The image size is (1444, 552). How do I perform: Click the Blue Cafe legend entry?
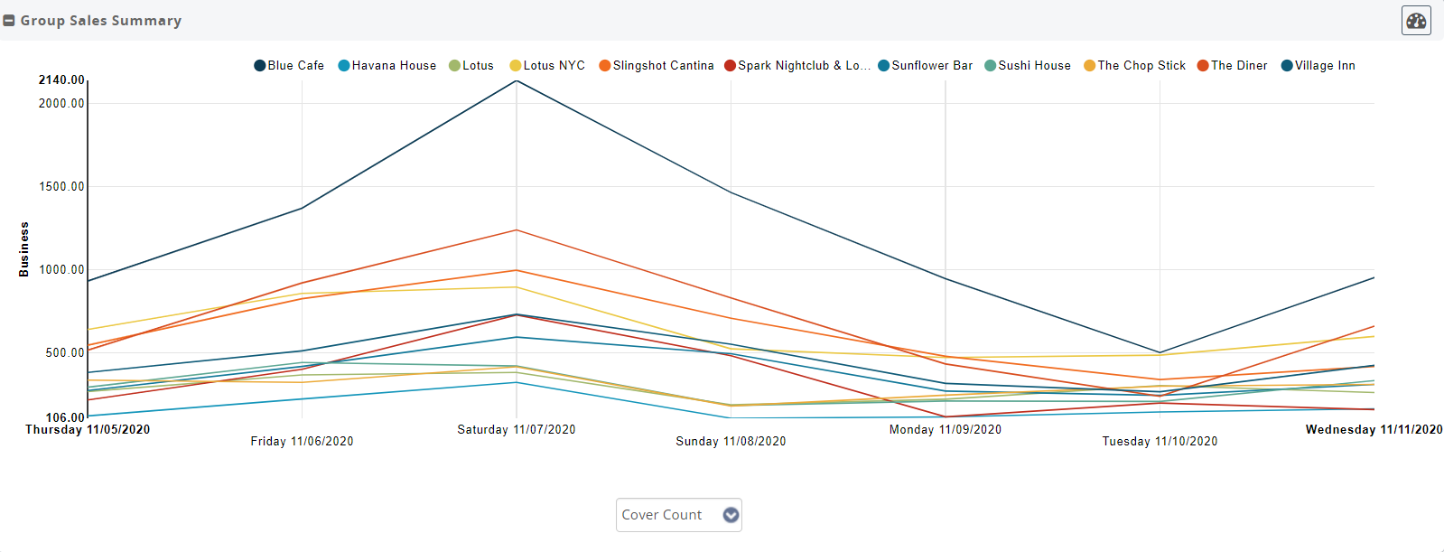[289, 66]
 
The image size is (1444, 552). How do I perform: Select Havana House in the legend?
[387, 66]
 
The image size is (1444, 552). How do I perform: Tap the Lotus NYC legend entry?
[547, 66]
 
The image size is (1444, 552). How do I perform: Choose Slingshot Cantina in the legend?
[657, 66]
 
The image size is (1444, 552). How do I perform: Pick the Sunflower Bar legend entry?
[926, 66]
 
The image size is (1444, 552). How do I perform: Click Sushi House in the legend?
[1028, 66]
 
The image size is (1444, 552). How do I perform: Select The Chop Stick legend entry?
[1135, 66]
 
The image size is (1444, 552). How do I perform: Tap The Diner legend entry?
[1233, 66]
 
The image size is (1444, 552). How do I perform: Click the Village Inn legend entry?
[1318, 66]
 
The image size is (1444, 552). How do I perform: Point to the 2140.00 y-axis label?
[61, 80]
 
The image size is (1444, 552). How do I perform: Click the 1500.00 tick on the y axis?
[61, 187]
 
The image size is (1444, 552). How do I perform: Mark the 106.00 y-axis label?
[65, 417]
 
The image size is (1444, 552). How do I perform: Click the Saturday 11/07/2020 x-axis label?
[517, 430]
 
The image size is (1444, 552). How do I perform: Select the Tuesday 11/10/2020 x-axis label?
[1160, 442]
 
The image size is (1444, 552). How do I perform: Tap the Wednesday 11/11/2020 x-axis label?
[1374, 430]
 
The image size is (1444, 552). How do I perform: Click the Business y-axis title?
[24, 249]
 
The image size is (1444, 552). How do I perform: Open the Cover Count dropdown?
[678, 515]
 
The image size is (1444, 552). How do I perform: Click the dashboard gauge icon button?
[1416, 20]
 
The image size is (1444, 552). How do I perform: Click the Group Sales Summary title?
[101, 21]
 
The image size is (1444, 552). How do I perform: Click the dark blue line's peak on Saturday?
[517, 81]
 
